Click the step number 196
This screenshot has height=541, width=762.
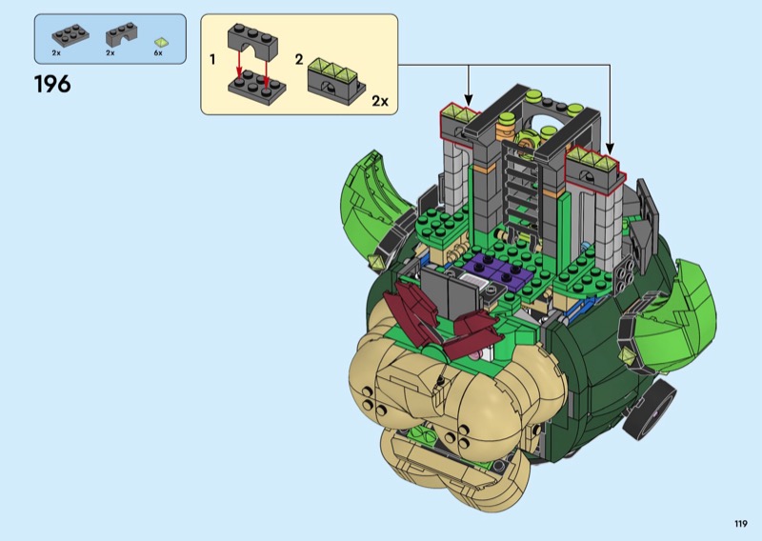(52, 84)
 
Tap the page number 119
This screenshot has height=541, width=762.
(741, 524)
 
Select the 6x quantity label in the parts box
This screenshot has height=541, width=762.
(158, 53)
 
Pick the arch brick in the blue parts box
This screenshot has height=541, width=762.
(122, 34)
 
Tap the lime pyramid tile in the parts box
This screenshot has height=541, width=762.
(161, 43)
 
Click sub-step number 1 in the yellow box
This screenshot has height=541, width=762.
(212, 60)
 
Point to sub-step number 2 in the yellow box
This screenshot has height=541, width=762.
(299, 60)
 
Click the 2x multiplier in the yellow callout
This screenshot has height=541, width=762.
(380, 101)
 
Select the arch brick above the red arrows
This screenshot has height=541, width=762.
(252, 41)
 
